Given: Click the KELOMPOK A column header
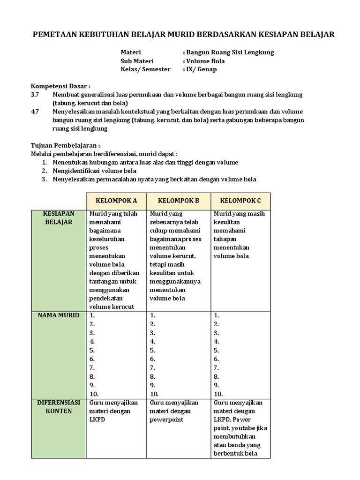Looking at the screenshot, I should tap(116, 201).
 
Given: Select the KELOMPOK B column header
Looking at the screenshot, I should tap(179, 201).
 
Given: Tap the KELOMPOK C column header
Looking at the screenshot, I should tap(240, 201).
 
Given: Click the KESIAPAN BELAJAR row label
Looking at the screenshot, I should tap(59, 218).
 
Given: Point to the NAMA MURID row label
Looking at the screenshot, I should tap(59, 315).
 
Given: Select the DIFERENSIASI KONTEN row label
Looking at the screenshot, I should tap(59, 406).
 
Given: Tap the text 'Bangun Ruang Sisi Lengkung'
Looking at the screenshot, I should tap(230, 52).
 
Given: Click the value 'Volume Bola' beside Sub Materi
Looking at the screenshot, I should tap(205, 61).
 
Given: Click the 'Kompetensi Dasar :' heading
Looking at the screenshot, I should tap(60, 86).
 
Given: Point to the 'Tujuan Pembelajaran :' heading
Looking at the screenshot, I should tap(66, 146).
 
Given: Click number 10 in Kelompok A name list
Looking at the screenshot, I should tap(94, 394).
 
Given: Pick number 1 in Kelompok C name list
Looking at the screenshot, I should tap(217, 315).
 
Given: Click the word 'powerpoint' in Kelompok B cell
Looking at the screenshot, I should tap(166, 420).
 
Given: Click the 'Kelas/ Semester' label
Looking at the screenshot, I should tap(146, 69).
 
